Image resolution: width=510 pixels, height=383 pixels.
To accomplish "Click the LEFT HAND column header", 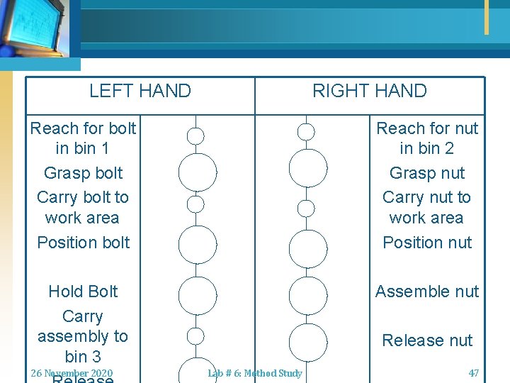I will coord(140,91).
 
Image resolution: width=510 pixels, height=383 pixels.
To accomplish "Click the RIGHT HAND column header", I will coord(370,91).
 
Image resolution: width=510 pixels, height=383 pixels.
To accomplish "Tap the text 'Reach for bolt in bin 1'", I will coord(83,138).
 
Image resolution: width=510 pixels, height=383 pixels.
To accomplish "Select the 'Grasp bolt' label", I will coord(83,173).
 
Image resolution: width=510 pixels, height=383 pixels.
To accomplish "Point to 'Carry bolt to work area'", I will coord(83,207).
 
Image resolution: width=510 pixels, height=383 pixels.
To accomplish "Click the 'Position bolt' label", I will coord(83,243).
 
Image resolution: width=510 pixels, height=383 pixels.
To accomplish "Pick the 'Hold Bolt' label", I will coord(83,292).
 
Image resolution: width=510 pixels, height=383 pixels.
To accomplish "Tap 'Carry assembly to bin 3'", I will coord(83,336).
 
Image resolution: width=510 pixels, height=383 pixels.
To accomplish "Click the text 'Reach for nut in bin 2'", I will coord(427,138).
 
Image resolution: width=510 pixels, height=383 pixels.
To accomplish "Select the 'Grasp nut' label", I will coord(427,173).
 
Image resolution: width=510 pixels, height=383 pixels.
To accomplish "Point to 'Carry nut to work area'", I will coord(427,207).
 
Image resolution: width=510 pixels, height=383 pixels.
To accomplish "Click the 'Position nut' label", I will coord(427,243).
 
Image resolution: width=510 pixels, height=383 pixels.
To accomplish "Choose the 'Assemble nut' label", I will coord(427,292).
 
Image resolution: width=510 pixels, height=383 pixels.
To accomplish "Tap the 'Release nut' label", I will coord(427,340).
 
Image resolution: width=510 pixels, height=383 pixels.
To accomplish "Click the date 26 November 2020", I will coord(72,373).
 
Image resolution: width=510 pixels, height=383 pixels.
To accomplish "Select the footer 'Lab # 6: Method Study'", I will coord(255,373).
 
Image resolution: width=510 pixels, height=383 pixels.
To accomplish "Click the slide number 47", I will coord(474,373).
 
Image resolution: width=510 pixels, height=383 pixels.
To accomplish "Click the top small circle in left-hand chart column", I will coord(195,135).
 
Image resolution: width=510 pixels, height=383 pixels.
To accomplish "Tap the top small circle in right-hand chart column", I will coord(306,131).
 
